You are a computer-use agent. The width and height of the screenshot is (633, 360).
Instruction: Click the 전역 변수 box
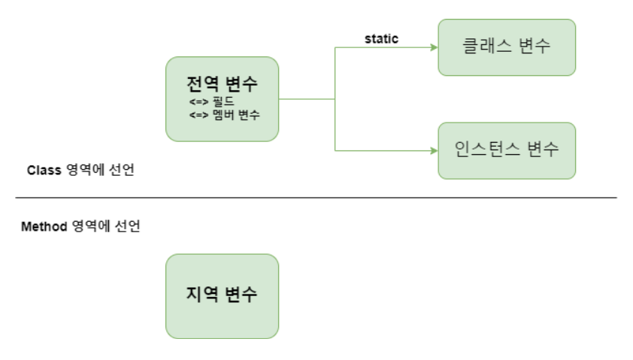222,98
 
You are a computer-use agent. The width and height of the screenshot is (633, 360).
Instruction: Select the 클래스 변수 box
507,47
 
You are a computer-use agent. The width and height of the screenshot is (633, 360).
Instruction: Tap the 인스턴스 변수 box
507,150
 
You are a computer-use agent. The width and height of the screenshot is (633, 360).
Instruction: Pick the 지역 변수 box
222,296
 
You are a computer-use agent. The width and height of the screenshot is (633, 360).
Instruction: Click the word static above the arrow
381,38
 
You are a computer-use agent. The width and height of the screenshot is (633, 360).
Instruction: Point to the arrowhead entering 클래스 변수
434,47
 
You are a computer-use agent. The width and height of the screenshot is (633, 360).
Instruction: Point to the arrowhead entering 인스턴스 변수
434,150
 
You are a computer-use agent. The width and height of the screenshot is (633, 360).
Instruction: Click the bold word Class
43,171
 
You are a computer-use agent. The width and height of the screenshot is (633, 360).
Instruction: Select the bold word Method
44,226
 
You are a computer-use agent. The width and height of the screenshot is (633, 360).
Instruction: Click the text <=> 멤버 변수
224,114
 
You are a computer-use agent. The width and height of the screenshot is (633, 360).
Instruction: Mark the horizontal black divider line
316,198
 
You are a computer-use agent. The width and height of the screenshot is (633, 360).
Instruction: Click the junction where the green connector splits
335,98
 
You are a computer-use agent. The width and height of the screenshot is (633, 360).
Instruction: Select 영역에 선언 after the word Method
106,226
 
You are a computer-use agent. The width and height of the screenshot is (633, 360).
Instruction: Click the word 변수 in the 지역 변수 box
241,294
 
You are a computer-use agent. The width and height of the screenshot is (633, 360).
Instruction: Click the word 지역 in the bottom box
201,294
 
